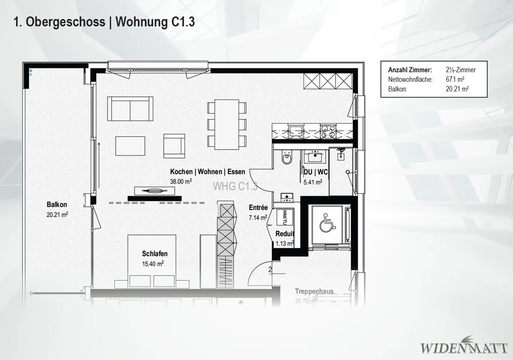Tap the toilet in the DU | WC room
[x=286, y=158]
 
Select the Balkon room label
[x=57, y=204]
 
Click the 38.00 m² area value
[x=181, y=181]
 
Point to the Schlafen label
[x=155, y=254]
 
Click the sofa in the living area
[x=130, y=109]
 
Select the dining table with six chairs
[x=227, y=124]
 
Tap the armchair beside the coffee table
[x=174, y=146]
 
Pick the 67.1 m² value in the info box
[x=455, y=79]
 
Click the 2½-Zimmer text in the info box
[x=461, y=70]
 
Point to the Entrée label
[x=258, y=207]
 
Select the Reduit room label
[x=285, y=234]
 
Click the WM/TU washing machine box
[x=285, y=217]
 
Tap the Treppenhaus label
[x=314, y=291]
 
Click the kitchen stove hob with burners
[x=328, y=131]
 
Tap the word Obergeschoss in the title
[x=66, y=22]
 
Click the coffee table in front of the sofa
[x=130, y=146]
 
